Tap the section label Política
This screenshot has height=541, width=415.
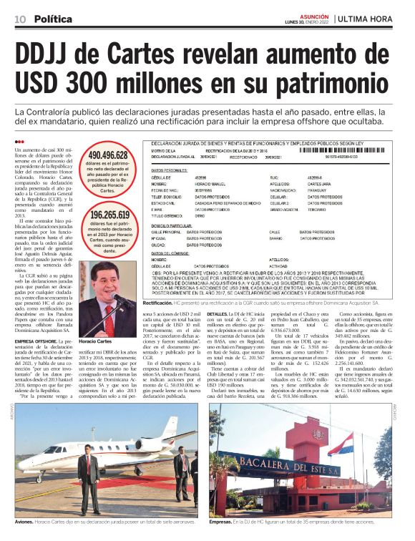pyautogui.click(x=53, y=18)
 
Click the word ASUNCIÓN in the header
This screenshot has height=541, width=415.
pyautogui.click(x=311, y=14)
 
